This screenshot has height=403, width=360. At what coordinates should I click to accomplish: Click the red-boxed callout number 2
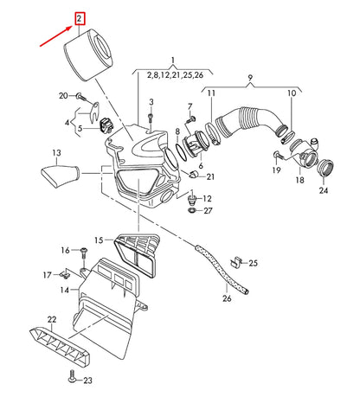pyautogui.click(x=80, y=19)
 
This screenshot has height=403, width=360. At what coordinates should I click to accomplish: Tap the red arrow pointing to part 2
pyautogui.click(x=56, y=35)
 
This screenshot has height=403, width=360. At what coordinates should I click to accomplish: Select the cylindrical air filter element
pyautogui.click(x=87, y=56)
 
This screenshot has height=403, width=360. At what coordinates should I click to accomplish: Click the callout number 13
pyautogui.click(x=56, y=152)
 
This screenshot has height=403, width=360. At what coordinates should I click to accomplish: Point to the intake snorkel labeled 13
pyautogui.click(x=60, y=176)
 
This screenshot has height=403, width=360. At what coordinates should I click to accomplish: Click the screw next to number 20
pyautogui.click(x=80, y=97)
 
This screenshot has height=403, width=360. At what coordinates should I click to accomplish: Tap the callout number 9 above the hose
pyautogui.click(x=250, y=78)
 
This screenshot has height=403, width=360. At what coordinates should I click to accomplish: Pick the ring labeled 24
pyautogui.click(x=325, y=168)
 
